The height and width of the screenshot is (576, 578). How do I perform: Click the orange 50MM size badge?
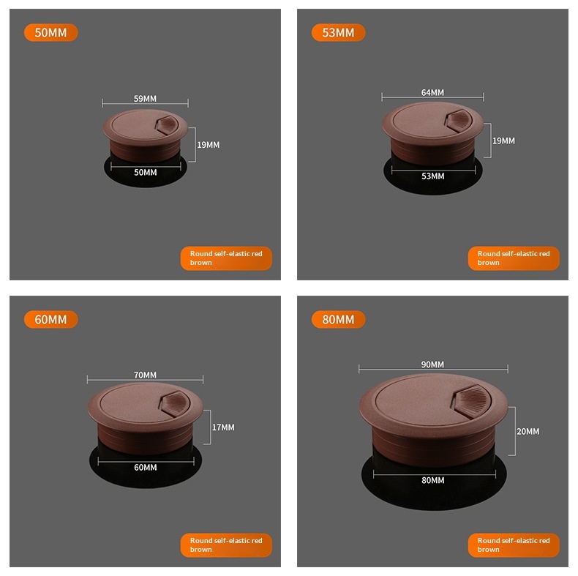pyautogui.click(x=51, y=32)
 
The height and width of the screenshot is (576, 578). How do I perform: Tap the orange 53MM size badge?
pyautogui.click(x=339, y=32)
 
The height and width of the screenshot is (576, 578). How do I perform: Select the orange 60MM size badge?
pyautogui.click(x=51, y=319)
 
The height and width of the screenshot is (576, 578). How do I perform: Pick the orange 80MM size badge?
pyautogui.click(x=339, y=319)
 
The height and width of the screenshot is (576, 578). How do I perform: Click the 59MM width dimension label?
pyautogui.click(x=145, y=99)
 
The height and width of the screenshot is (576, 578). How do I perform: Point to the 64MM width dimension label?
pyautogui.click(x=432, y=92)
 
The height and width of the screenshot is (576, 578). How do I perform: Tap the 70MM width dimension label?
pyautogui.click(x=145, y=375)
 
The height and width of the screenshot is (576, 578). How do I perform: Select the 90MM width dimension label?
pyautogui.click(x=432, y=364)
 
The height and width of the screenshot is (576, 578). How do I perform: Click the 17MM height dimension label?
pyautogui.click(x=223, y=427)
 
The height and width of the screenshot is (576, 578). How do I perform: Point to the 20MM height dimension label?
pyautogui.click(x=528, y=431)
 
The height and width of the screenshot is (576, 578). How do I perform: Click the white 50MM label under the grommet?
pyautogui.click(x=146, y=173)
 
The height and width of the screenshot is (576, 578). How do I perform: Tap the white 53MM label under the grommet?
pyautogui.click(x=432, y=176)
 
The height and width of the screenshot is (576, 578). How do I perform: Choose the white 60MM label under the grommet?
pyautogui.click(x=146, y=468)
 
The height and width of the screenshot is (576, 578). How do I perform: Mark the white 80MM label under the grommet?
pyautogui.click(x=432, y=481)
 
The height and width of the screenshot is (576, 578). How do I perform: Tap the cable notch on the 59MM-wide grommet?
pyautogui.click(x=168, y=125)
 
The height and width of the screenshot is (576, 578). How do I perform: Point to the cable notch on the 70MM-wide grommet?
pyautogui.click(x=175, y=404)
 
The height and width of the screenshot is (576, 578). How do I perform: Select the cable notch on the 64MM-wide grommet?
pyautogui.click(x=459, y=120)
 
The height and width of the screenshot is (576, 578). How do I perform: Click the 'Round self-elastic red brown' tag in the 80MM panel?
pyautogui.click(x=514, y=545)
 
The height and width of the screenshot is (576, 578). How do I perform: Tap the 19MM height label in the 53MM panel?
pyautogui.click(x=503, y=141)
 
